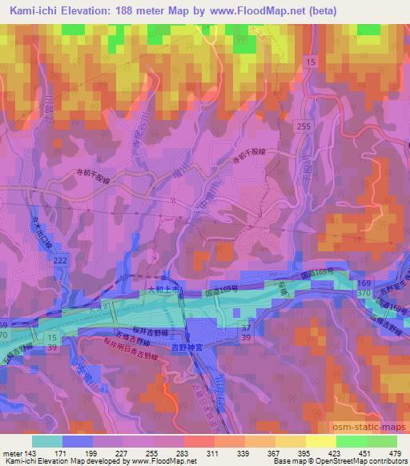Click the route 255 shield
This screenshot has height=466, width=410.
pos(301,127)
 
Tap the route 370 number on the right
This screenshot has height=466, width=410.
pos(364,294)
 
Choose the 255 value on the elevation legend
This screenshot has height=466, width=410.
pos(150,453)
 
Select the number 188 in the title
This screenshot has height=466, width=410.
pos(130,10)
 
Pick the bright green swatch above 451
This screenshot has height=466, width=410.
pos(350,441)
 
